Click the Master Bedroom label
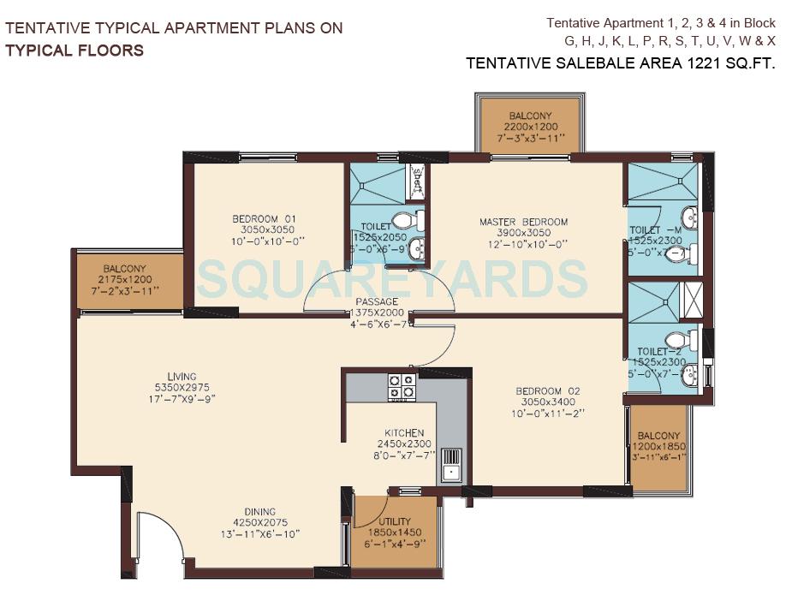tap(523, 222)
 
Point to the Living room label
tap(182, 376)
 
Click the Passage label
tap(377, 301)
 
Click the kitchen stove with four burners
tap(402, 386)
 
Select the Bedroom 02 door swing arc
tap(441, 347)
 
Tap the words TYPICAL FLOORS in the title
tap(74, 50)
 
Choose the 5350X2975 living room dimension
tap(182, 388)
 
